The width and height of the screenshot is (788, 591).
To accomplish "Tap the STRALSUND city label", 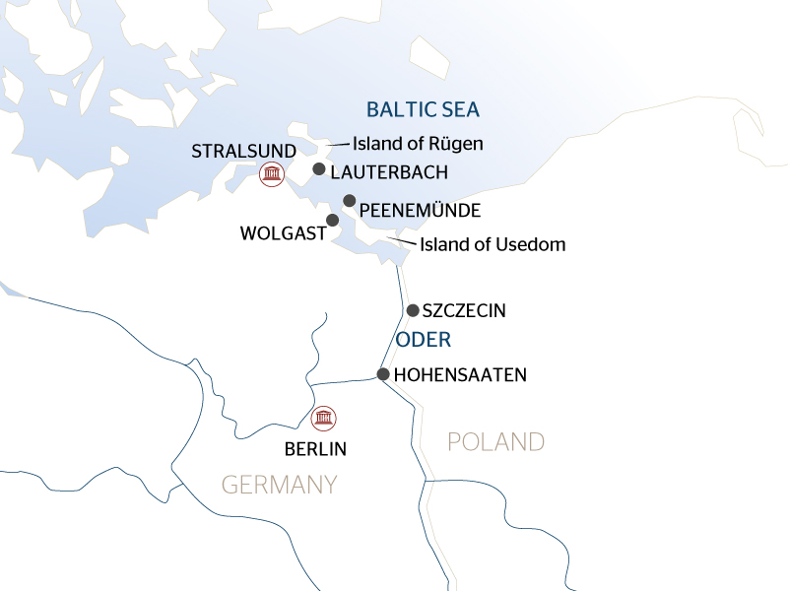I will point(243,151).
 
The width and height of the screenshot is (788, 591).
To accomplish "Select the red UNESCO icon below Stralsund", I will point(270,175).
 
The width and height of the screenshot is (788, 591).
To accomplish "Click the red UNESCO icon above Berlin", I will point(322,418).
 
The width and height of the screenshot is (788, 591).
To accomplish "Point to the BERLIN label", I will point(315,449).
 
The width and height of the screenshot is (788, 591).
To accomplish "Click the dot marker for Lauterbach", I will point(318,169).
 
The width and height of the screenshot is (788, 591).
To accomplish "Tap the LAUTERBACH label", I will point(389,172).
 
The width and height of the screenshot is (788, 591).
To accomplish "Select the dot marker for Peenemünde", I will point(349,201).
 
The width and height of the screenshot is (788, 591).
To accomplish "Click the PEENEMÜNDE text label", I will point(420,211).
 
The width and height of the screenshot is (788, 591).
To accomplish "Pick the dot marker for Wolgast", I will point(333,220).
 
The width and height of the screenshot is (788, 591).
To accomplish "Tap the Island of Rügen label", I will point(418,144).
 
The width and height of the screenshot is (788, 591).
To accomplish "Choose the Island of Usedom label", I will point(492,244).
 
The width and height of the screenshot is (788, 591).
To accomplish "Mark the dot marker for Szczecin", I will point(412,310).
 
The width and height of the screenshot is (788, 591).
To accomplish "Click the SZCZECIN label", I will point(463,311).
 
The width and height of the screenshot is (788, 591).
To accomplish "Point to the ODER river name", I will point(423,341).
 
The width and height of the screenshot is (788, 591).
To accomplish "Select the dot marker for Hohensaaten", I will point(382,373).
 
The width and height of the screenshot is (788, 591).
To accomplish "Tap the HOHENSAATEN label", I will point(460,375).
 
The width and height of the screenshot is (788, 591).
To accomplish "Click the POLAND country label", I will point(495,441).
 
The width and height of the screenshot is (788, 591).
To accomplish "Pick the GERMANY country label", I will point(279,485).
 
